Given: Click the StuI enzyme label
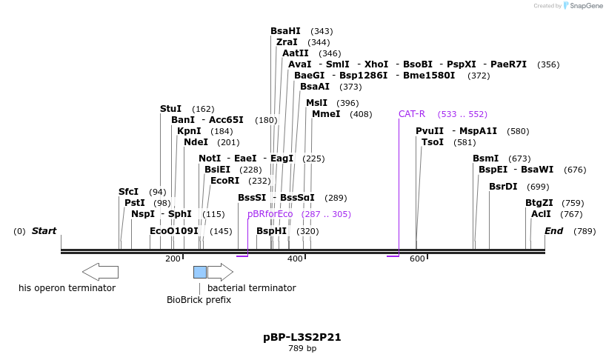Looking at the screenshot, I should (170, 109).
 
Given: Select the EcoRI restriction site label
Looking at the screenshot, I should (225, 180).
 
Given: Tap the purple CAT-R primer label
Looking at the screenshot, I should (412, 114).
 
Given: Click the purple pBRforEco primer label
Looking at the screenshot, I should (270, 214).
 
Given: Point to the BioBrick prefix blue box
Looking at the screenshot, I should (200, 272).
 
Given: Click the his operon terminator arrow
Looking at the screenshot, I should (100, 272).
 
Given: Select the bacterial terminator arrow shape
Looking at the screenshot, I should (221, 272).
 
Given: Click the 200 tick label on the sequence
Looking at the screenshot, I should (173, 259).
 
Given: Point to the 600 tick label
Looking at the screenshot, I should (417, 259).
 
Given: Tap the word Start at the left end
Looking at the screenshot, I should (44, 231).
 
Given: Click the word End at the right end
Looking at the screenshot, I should (554, 231).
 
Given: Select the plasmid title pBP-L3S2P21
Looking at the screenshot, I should (302, 337).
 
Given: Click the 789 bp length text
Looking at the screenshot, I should (302, 348).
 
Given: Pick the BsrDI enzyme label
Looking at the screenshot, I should (503, 187).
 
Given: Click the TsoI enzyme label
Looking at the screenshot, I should (433, 142).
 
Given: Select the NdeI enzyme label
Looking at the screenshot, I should (196, 142).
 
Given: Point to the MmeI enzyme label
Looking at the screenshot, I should (326, 114).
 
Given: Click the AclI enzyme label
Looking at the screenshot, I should (541, 214).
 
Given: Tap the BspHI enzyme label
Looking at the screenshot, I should (271, 231).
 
